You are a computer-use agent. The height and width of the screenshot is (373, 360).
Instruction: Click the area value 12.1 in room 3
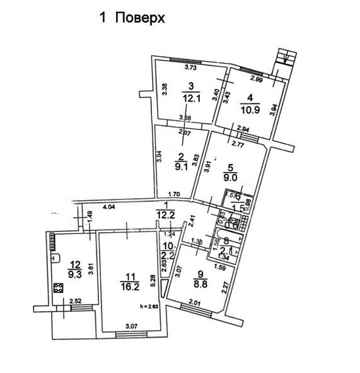(191, 98)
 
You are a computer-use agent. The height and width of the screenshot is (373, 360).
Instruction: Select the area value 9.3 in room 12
(75, 275)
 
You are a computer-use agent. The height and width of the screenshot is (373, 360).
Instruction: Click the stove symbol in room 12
(59, 288)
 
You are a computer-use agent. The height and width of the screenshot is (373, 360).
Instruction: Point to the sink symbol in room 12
(55, 258)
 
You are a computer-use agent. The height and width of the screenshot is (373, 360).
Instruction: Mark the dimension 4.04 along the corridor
(109, 206)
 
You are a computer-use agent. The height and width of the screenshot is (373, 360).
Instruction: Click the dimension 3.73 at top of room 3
(189, 68)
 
